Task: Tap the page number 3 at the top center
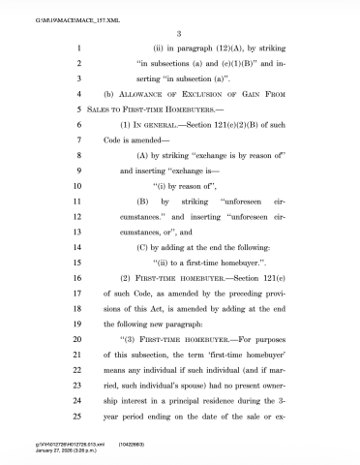point(179,34)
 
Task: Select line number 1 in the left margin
point(75,47)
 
